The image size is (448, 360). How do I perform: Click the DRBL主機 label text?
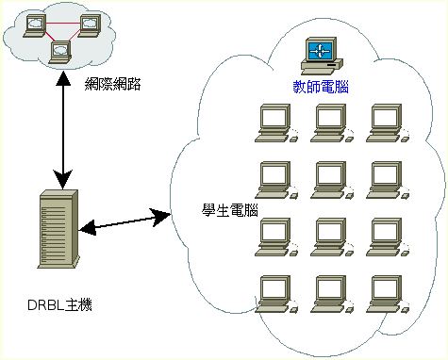(x=59, y=305)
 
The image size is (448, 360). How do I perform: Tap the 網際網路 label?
(x=113, y=84)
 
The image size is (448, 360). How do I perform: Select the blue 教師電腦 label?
(x=321, y=87)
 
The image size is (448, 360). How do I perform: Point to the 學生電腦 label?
(x=230, y=210)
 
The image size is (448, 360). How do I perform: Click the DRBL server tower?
(x=58, y=229)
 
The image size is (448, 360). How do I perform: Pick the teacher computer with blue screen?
(x=322, y=56)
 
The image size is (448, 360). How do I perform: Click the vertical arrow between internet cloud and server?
(x=63, y=130)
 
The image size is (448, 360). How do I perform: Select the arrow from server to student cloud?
(x=124, y=221)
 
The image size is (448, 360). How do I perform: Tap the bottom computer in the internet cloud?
(x=60, y=52)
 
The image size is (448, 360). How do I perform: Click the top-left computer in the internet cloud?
(x=35, y=25)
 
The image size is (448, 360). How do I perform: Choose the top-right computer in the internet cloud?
(x=90, y=25)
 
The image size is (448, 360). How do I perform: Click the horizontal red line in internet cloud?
(x=62, y=24)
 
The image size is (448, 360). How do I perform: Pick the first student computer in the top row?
(x=276, y=123)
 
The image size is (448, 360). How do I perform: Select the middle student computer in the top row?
(x=332, y=123)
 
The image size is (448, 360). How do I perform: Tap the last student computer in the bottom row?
(x=388, y=294)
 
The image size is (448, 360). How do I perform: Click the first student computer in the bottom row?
(x=276, y=294)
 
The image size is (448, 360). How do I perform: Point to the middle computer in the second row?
(x=332, y=180)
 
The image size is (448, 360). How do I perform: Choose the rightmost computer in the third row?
(x=388, y=237)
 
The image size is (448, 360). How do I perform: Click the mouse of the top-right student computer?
(x=405, y=138)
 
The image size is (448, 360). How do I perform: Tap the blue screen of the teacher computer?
(x=320, y=51)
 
